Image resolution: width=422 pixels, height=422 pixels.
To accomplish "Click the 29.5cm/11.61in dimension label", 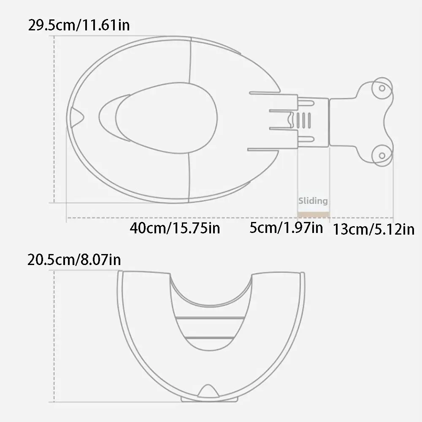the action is click(x=79, y=25).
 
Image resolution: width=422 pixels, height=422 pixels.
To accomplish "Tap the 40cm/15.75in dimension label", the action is click(x=175, y=228).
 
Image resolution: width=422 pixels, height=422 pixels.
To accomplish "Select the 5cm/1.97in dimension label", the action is click(x=286, y=228).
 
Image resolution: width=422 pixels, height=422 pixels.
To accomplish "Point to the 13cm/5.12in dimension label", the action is click(x=373, y=230).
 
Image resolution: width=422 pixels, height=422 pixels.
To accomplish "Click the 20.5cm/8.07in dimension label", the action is click(x=74, y=260).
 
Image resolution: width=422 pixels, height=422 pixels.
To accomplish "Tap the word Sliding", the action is click(x=313, y=201).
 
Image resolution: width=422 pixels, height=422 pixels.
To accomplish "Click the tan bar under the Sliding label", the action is click(x=314, y=214).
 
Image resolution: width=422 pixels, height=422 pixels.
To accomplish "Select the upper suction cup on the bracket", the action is click(x=382, y=88).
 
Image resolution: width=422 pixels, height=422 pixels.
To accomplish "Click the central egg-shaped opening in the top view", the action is click(x=166, y=118).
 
